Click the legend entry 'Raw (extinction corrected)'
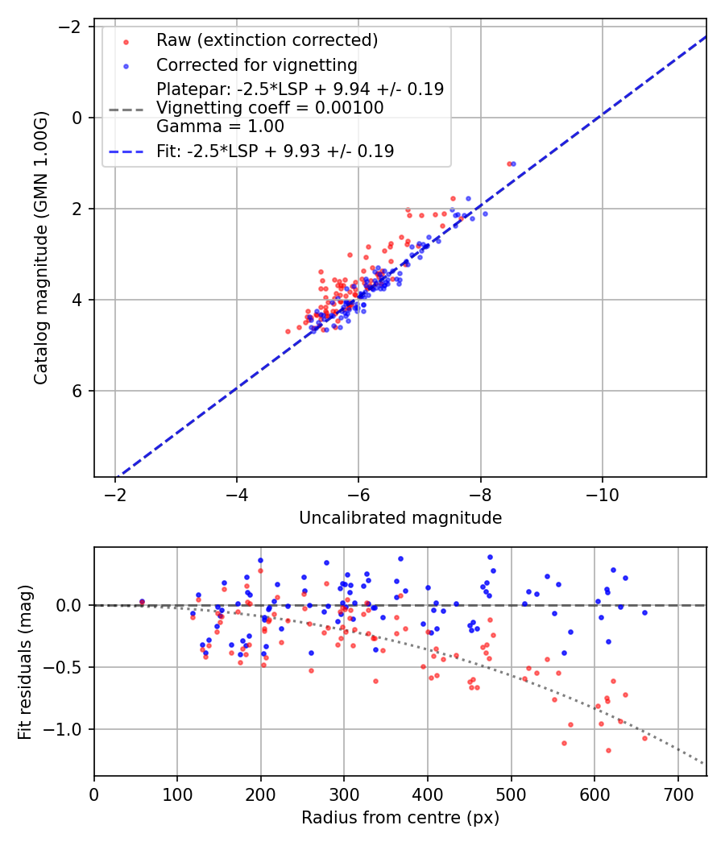[267, 40]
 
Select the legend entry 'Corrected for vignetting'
[256, 64]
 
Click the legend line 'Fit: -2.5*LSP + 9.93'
[275, 151]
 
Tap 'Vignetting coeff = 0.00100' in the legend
[270, 107]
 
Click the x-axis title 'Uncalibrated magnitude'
[400, 518]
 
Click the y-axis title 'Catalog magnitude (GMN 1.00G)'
[41, 247]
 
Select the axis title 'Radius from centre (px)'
[400, 818]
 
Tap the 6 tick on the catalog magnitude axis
[78, 391]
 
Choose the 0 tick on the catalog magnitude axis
[78, 118]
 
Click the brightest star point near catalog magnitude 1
[509, 164]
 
